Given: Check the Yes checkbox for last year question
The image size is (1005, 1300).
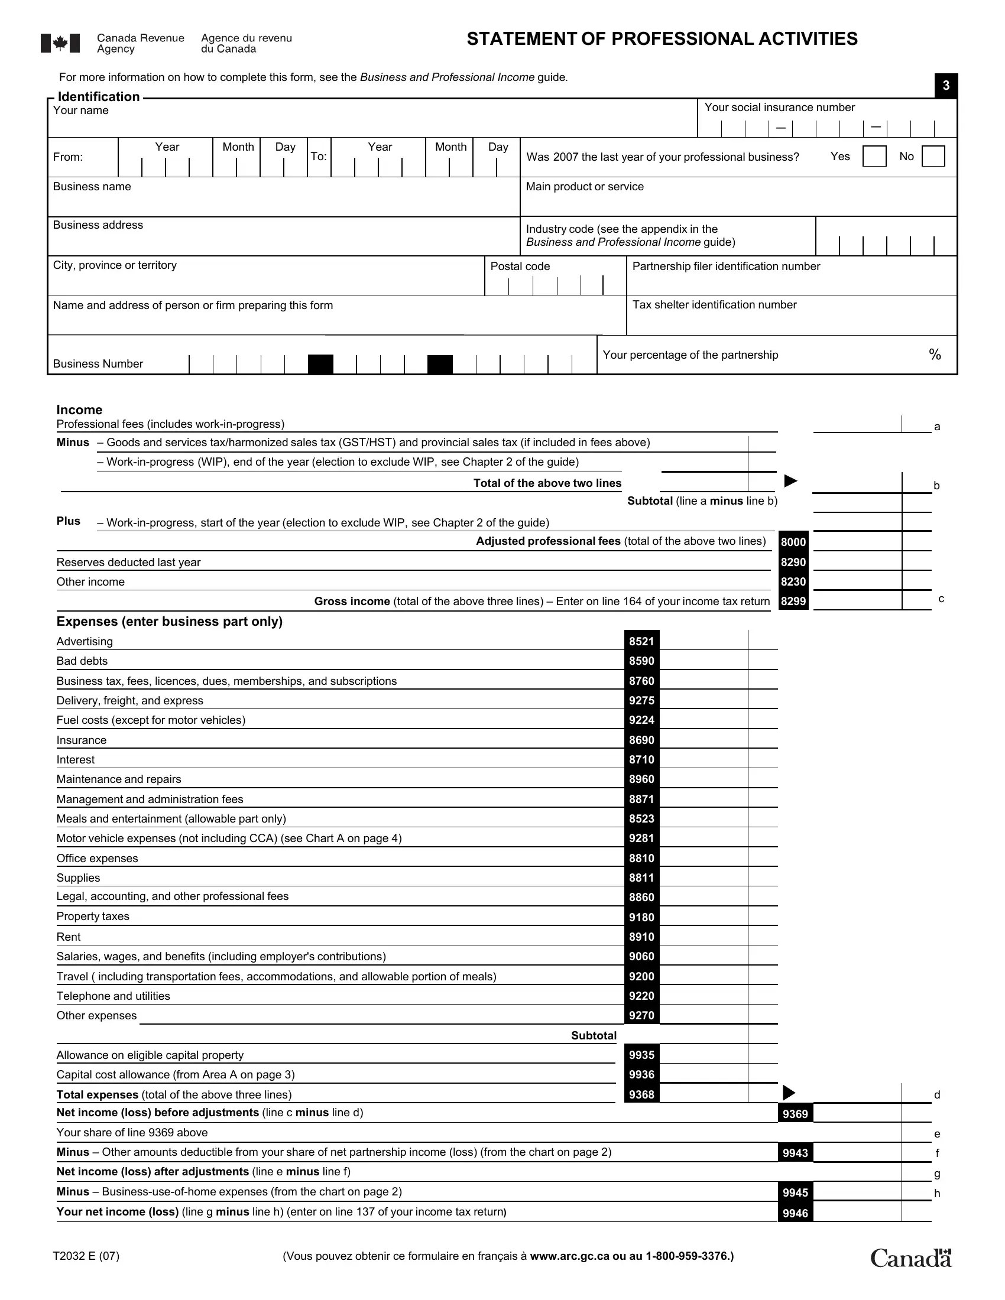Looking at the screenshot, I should pyautogui.click(x=874, y=157).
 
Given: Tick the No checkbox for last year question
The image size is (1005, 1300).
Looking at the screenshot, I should pyautogui.click(x=932, y=157).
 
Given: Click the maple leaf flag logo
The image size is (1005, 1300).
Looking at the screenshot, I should pyautogui.click(x=60, y=44).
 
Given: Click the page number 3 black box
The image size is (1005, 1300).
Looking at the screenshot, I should pyautogui.click(x=945, y=86).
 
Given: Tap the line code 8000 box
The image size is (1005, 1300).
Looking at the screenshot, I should pyautogui.click(x=793, y=542).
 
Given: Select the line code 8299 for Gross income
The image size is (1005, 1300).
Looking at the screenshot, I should pyautogui.click(x=793, y=601).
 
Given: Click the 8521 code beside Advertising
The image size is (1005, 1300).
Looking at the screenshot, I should pyautogui.click(x=641, y=641).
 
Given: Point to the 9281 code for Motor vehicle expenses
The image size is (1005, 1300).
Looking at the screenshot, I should pyautogui.click(x=641, y=838).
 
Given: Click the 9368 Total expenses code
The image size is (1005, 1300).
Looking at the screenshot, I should pyautogui.click(x=641, y=1094).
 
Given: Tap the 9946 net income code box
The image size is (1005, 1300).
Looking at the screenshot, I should pyautogui.click(x=795, y=1213).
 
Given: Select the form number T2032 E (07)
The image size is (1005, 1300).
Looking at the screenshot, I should pyautogui.click(x=86, y=1256).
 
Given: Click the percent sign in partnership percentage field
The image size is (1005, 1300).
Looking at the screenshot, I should pyautogui.click(x=935, y=355).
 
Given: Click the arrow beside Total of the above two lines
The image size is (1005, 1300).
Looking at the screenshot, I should pyautogui.click(x=790, y=481).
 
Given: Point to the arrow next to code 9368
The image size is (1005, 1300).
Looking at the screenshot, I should pyautogui.click(x=788, y=1093).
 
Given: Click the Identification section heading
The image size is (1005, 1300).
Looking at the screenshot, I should pyautogui.click(x=98, y=96).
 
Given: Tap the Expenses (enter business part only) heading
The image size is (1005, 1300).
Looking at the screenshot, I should pyautogui.click(x=169, y=622).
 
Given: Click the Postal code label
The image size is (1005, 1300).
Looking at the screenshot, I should pyautogui.click(x=520, y=266).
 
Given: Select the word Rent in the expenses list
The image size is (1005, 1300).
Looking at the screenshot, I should pyautogui.click(x=69, y=937).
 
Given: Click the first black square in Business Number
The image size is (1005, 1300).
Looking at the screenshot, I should pyautogui.click(x=320, y=364).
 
